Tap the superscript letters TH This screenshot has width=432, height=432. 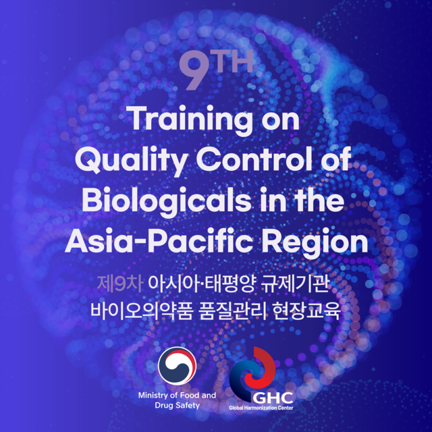(x=234, y=62)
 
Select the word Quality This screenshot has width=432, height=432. (x=132, y=161)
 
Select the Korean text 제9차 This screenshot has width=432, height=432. (x=120, y=283)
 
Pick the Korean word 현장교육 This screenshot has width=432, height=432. (x=306, y=311)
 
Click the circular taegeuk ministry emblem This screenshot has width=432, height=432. (x=177, y=366)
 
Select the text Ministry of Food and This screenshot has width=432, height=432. (x=177, y=396)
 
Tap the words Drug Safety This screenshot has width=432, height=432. (x=177, y=405)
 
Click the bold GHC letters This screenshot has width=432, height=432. (x=273, y=398)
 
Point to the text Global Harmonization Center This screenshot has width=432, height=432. (x=261, y=408)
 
